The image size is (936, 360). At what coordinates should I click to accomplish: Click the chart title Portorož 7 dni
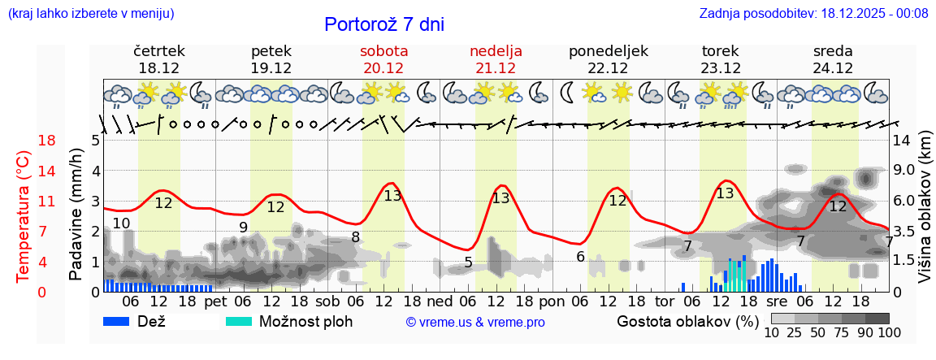(384, 24)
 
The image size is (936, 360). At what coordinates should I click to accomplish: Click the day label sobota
(383, 50)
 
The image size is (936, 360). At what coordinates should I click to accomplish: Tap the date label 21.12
(496, 67)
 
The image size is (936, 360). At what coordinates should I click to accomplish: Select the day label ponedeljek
(608, 50)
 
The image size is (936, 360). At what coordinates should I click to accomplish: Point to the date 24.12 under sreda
(833, 67)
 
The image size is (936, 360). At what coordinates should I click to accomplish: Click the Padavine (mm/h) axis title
(77, 215)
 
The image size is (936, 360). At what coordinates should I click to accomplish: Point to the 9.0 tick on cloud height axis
(904, 171)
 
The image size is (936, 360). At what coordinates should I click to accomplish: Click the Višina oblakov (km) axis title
(925, 215)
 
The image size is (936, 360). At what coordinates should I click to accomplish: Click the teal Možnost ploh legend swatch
(239, 321)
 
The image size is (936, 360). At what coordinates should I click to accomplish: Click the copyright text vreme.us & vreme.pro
(475, 323)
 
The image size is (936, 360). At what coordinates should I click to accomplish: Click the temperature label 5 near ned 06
(468, 262)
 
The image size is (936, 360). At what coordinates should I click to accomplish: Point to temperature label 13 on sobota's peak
(392, 195)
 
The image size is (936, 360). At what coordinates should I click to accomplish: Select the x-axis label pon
(552, 301)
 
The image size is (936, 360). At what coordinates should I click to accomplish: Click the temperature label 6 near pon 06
(580, 256)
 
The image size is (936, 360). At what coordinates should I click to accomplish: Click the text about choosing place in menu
(91, 13)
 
